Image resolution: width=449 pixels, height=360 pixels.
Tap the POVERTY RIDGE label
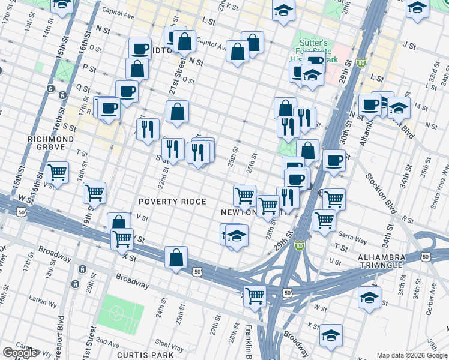[172, 202]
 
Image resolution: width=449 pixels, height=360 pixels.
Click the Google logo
[20, 353]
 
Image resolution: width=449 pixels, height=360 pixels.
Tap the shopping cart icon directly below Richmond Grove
[57, 173]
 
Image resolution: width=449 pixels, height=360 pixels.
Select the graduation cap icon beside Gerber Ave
[369, 297]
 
